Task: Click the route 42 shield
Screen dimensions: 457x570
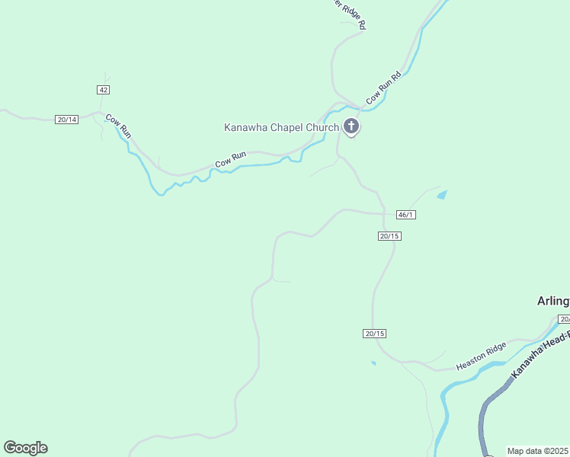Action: (x=104, y=90)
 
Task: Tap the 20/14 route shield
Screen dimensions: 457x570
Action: (x=67, y=120)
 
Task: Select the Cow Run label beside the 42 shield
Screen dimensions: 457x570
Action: (x=118, y=126)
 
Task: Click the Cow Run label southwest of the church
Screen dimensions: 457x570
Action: (x=230, y=159)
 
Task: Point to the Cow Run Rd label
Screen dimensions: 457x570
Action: (x=383, y=88)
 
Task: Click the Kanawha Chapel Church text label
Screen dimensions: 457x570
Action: (x=281, y=127)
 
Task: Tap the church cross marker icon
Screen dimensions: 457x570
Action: (x=351, y=126)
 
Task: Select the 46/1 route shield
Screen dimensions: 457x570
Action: (x=406, y=215)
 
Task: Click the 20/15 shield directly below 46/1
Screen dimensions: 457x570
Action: (x=389, y=236)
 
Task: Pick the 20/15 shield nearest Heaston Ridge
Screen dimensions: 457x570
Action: (x=374, y=334)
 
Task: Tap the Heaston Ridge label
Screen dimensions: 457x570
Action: (x=481, y=356)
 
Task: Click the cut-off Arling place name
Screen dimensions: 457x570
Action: (x=553, y=301)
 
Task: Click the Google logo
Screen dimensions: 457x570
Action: (x=25, y=448)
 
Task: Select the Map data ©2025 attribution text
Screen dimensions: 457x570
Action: (x=538, y=451)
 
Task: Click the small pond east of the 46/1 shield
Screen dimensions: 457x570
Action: (x=442, y=196)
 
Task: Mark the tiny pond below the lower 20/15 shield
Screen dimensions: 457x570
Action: (x=373, y=363)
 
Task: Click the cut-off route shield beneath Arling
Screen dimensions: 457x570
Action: (x=564, y=319)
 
